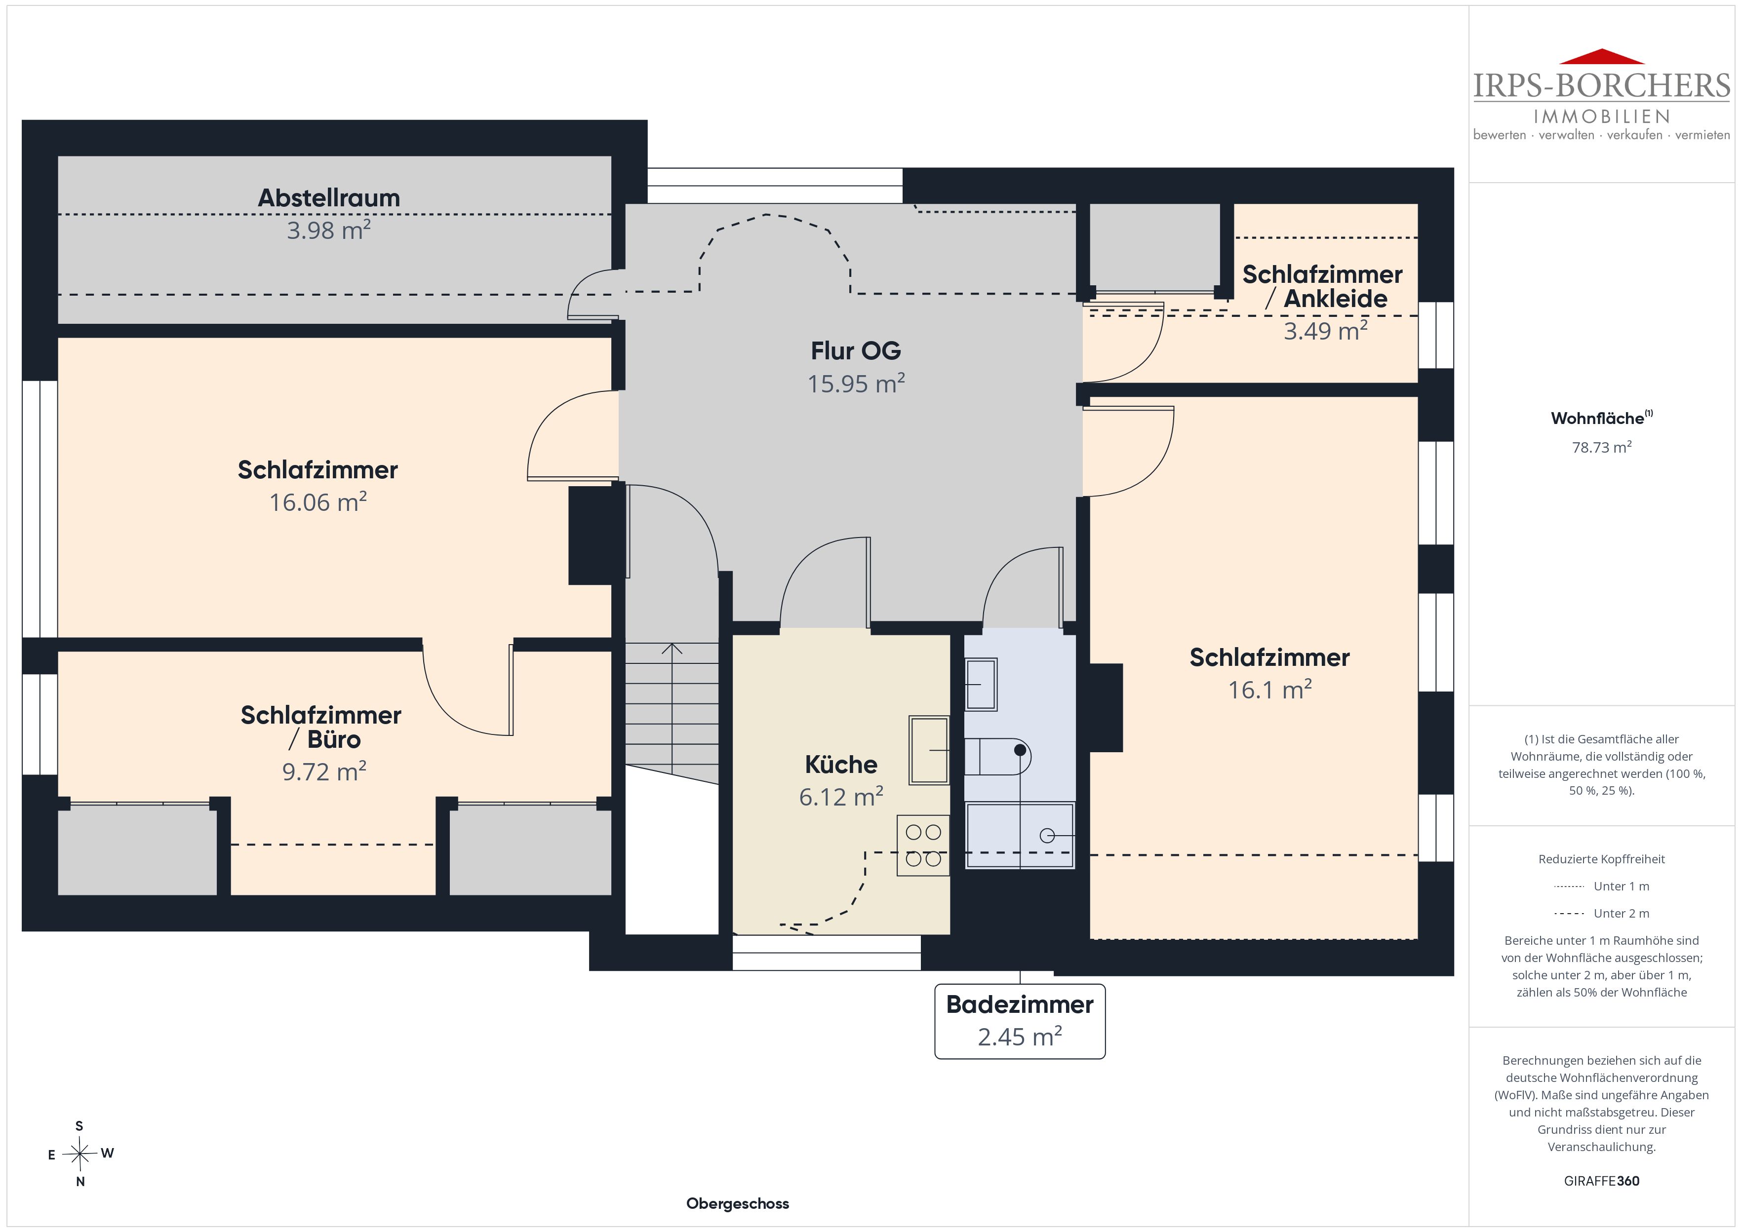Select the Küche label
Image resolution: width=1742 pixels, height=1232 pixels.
coord(841,764)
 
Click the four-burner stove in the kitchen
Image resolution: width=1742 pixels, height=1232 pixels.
coord(922,845)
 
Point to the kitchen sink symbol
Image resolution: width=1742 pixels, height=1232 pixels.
coord(929,750)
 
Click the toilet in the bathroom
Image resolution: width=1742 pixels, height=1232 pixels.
coord(997,756)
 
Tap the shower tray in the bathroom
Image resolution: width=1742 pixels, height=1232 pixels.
coord(1020,835)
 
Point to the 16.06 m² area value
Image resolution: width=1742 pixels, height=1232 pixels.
coord(318,502)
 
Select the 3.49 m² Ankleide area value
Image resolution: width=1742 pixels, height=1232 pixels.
coord(1325,331)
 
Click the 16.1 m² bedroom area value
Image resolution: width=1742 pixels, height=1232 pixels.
coord(1269,690)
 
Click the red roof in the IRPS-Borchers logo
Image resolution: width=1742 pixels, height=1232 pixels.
coord(1601,57)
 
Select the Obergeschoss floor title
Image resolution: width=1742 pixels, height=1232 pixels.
coord(738,1204)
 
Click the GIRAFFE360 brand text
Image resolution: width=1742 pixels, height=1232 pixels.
coord(1602,1181)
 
